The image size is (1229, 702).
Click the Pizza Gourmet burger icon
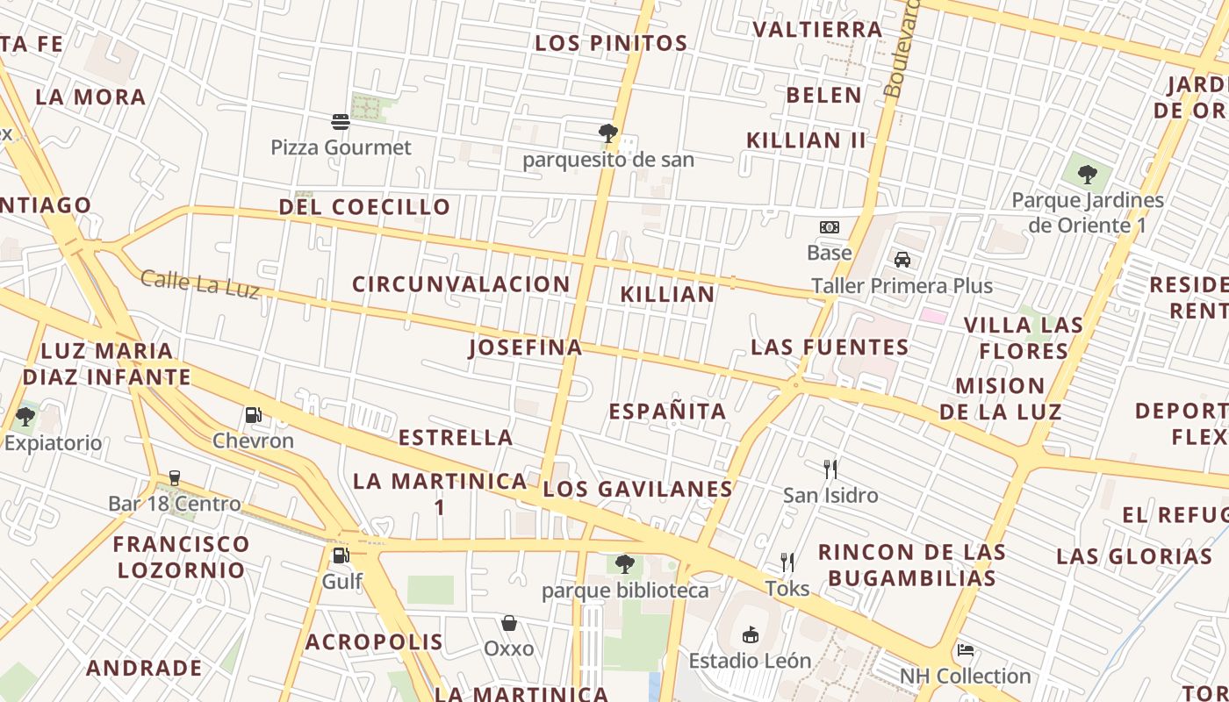341,122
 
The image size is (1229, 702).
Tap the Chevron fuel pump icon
253,414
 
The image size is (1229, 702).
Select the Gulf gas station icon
341,555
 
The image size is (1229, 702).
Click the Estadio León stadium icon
750,634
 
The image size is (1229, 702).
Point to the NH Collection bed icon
966,650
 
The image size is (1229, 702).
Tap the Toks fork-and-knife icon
787,562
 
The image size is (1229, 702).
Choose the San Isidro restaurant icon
830,469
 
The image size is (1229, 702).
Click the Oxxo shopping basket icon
509,623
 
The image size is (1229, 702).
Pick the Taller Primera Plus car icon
902,259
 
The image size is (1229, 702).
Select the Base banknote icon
830,227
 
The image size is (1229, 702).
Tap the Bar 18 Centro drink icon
174,477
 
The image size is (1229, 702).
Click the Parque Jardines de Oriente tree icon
1088,174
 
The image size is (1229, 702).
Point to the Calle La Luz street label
200,283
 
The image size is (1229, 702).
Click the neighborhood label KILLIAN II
806,140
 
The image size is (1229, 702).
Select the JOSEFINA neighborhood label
525,347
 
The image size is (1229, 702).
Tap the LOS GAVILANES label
637,490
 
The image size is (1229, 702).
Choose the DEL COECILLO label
364,207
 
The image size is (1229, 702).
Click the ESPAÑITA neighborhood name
667,412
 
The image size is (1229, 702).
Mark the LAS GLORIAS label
1134,556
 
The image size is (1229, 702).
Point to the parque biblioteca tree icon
624,563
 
